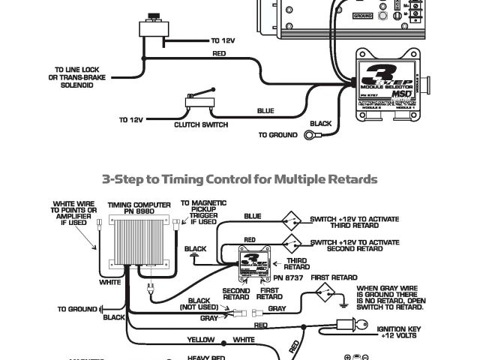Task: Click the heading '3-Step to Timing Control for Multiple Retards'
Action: pos(239,179)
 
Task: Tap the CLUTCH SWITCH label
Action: pos(200,124)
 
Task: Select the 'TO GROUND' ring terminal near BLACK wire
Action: pos(310,135)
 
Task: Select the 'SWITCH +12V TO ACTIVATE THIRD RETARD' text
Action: pos(354,223)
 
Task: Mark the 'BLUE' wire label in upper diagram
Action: pos(265,111)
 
